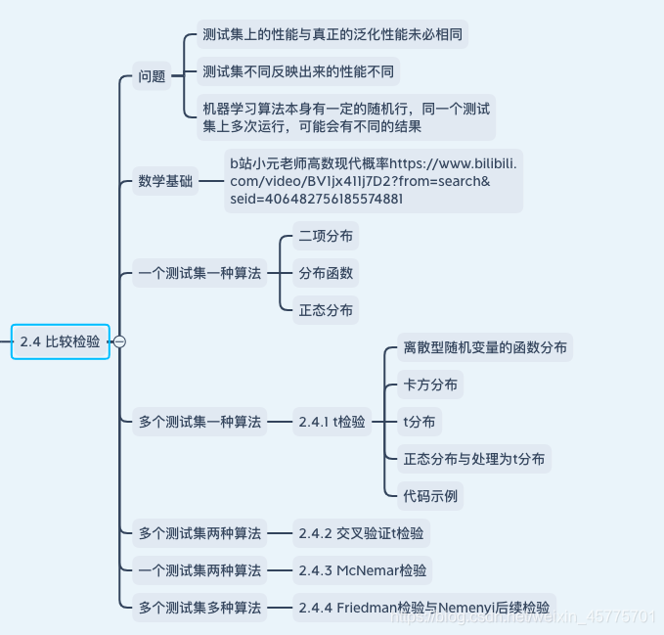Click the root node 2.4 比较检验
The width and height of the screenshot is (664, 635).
click(61, 341)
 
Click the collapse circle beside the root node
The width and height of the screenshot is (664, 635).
click(119, 341)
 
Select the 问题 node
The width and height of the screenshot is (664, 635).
click(152, 76)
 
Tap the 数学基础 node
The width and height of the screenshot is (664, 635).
click(165, 181)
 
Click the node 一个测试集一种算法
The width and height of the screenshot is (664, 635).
click(199, 275)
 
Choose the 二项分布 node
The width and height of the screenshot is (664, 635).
click(326, 237)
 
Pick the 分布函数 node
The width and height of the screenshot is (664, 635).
click(326, 273)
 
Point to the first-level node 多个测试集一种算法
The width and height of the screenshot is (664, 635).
click(199, 423)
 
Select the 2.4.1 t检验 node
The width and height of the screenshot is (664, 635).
click(332, 423)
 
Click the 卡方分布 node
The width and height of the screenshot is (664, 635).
click(430, 385)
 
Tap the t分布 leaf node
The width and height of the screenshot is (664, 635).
click(420, 422)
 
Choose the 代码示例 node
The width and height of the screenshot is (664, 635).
click(430, 495)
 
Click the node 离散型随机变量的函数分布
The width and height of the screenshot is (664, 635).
click(484, 347)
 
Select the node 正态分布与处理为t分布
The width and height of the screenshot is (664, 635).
click(474, 458)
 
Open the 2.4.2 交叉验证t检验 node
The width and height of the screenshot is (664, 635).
click(361, 534)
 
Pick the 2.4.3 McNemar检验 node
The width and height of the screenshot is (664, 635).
click(363, 570)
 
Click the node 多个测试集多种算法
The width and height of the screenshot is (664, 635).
click(199, 608)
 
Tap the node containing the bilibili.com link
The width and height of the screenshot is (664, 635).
click(373, 181)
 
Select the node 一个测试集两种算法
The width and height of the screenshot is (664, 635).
click(199, 570)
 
